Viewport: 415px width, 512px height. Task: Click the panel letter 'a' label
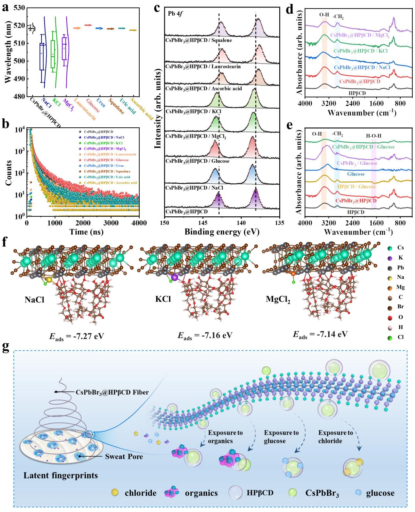5,7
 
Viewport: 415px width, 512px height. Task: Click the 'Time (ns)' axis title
86,231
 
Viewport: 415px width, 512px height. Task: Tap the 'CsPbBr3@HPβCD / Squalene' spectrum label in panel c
199,40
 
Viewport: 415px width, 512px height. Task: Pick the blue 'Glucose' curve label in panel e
356,174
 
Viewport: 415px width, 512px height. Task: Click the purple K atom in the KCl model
175,277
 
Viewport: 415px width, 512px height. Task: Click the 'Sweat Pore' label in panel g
124,456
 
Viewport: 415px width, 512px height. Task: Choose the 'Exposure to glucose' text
281,437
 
